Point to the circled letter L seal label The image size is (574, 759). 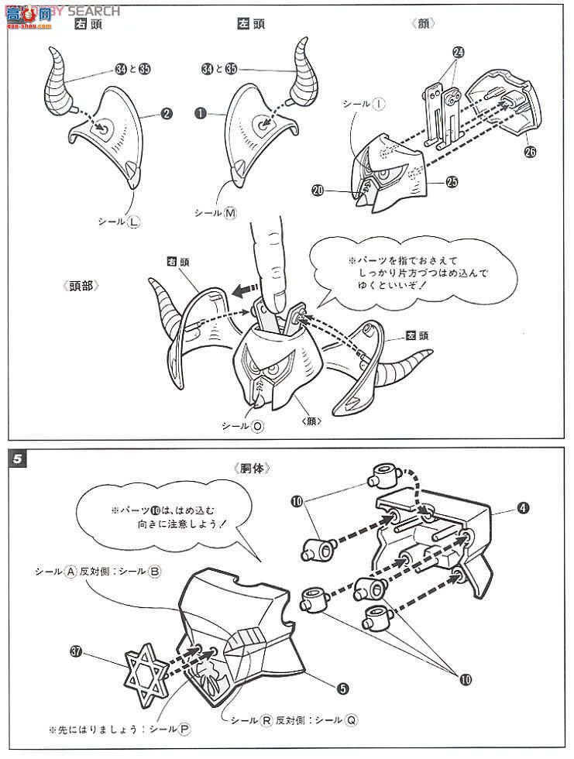(x=133, y=222)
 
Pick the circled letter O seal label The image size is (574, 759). (x=256, y=426)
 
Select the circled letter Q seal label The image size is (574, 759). (x=352, y=720)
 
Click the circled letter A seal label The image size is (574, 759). (x=70, y=572)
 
